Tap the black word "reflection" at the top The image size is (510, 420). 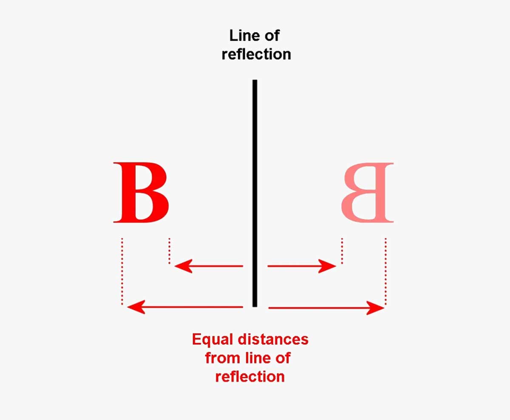[256, 54]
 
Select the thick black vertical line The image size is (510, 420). [255, 191]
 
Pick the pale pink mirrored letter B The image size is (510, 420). [368, 192]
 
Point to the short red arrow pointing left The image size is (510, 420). [208, 267]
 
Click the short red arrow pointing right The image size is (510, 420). [302, 267]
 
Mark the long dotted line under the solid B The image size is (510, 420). [122, 271]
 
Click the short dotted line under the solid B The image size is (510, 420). [169, 251]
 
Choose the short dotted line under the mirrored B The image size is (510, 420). [342, 251]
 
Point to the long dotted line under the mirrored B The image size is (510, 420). [385, 271]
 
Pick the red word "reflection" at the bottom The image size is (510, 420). [250, 376]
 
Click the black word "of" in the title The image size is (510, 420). [272, 36]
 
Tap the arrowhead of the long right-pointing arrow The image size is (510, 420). [376, 307]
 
